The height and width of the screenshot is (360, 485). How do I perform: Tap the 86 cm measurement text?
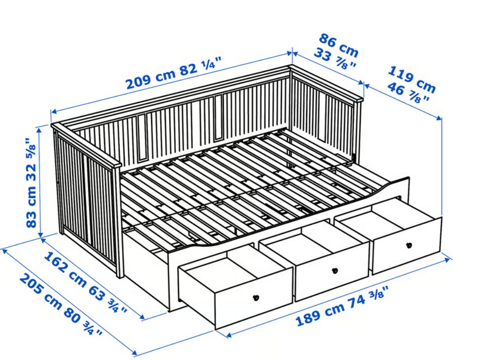point(338,45)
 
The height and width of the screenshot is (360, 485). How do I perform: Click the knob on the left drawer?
point(256,298)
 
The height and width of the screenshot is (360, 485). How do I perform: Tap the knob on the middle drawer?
point(334,271)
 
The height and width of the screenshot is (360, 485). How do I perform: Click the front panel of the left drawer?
point(254,296)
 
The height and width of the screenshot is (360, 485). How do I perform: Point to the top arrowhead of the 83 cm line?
point(39,130)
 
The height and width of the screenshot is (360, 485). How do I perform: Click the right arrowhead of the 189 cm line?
point(449,259)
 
